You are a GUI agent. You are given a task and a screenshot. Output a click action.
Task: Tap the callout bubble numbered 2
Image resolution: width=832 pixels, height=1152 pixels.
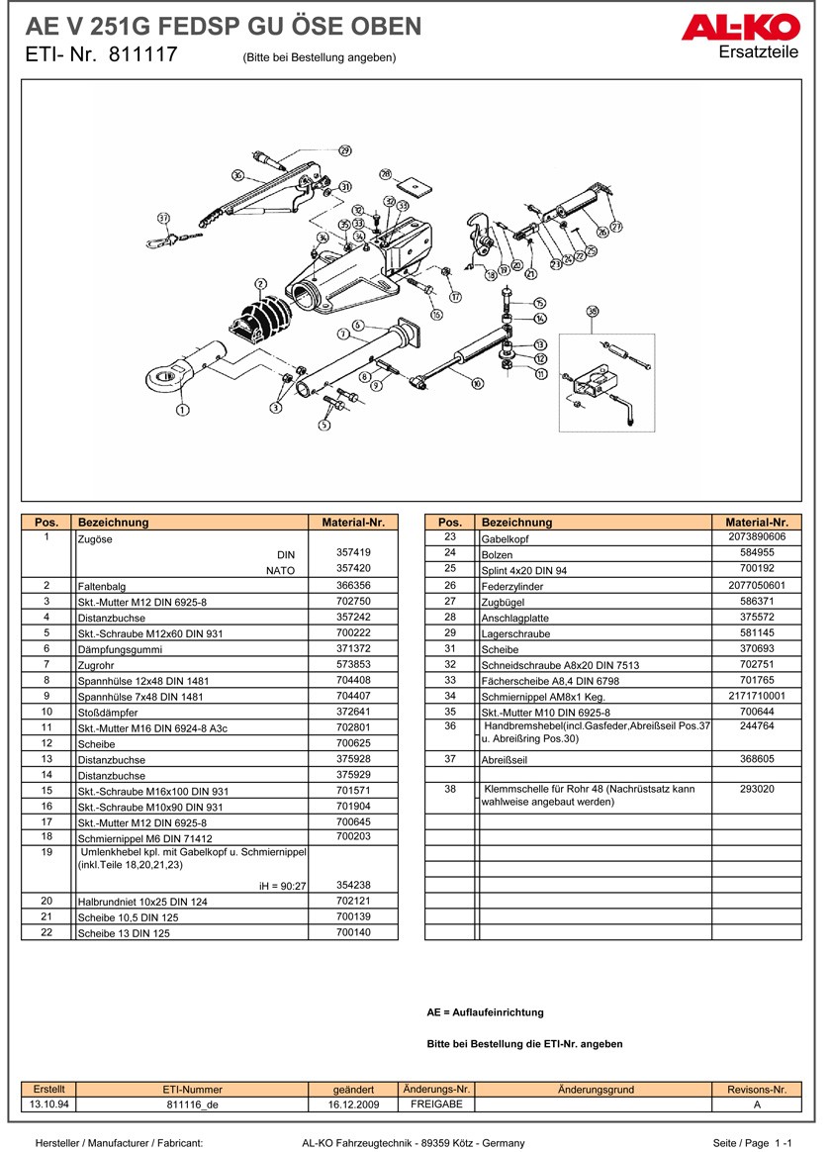click(x=261, y=285)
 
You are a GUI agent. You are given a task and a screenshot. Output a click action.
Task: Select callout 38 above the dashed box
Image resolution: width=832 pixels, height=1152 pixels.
click(x=593, y=312)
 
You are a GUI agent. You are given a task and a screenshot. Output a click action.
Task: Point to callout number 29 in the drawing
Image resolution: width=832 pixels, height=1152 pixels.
click(x=344, y=151)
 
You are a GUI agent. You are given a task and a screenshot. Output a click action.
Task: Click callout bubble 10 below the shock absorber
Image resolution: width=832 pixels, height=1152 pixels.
click(x=478, y=383)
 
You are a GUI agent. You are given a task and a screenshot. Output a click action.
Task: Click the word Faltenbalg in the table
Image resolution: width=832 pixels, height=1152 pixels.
click(x=102, y=586)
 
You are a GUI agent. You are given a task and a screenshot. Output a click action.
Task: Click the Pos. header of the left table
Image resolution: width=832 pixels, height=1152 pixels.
click(x=46, y=522)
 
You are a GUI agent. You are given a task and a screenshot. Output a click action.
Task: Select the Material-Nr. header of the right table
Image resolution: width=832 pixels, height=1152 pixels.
click(x=756, y=522)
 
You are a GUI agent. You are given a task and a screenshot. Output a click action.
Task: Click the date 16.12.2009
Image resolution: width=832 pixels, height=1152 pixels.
click(x=353, y=1104)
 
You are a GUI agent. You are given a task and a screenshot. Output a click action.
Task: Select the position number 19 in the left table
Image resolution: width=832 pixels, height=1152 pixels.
click(x=46, y=851)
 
